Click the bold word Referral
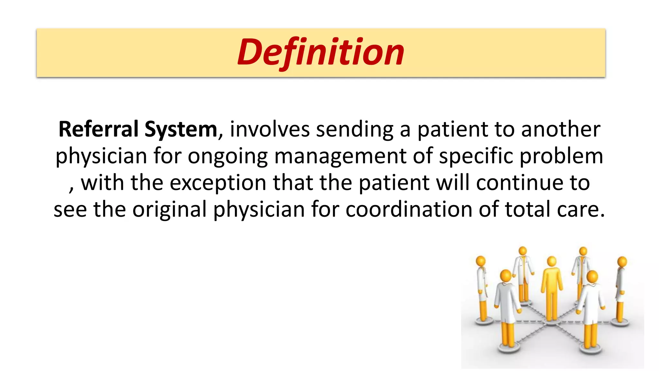click(98, 129)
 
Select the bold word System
click(181, 129)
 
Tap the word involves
click(270, 129)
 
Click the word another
click(561, 129)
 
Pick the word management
click(340, 156)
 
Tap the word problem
click(561, 156)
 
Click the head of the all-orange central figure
click(552, 262)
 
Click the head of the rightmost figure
click(622, 262)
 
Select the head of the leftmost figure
click(481, 261)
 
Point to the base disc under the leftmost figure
click(484, 321)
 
